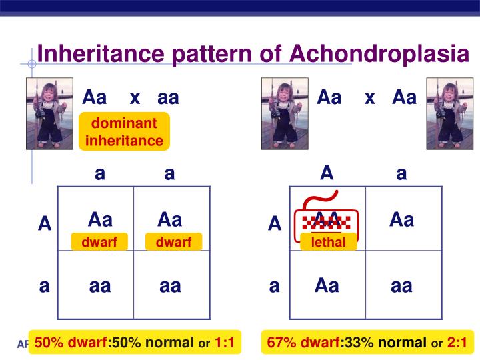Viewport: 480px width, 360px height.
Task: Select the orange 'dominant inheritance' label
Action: pyautogui.click(x=124, y=132)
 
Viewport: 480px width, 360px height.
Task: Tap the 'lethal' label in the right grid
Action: pyautogui.click(x=328, y=243)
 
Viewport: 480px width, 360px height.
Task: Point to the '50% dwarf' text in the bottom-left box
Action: pyautogui.click(x=71, y=343)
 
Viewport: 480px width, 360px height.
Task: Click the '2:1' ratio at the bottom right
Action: pyautogui.click(x=457, y=343)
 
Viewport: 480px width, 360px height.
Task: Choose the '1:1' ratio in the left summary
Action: pyautogui.click(x=225, y=343)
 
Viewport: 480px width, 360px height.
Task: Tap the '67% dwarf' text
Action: pyautogui.click(x=303, y=343)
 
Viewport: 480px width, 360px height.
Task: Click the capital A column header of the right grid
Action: pyautogui.click(x=327, y=173)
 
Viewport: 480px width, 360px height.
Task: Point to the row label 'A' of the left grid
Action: pyautogui.click(x=45, y=224)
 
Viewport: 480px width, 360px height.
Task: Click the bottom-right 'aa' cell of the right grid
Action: pyautogui.click(x=401, y=287)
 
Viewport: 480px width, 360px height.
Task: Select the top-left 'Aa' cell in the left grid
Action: pyautogui.click(x=100, y=220)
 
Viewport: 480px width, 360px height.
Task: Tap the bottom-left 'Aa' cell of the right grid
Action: pyautogui.click(x=327, y=286)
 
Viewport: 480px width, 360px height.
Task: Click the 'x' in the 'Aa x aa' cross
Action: pyautogui.click(x=135, y=98)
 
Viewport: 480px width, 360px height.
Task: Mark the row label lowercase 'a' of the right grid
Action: pyautogui.click(x=274, y=287)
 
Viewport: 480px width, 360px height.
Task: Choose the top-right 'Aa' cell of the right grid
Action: pyautogui.click(x=402, y=220)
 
